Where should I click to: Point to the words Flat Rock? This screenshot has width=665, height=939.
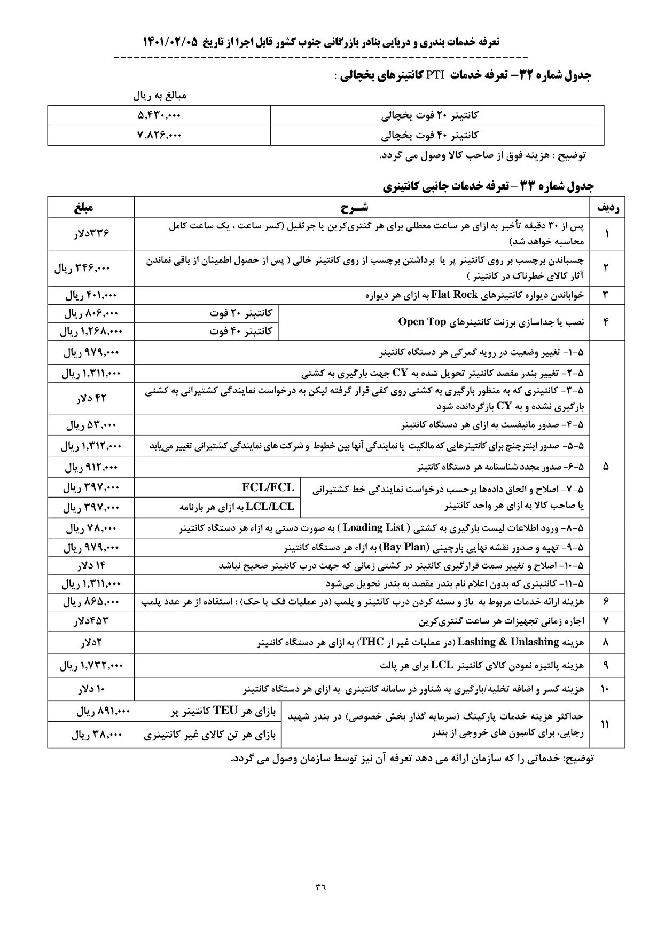pyautogui.click(x=453, y=295)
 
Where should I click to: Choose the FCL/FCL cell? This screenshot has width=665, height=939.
pyautogui.click(x=268, y=487)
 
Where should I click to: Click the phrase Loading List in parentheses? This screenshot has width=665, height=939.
pyautogui.click(x=373, y=528)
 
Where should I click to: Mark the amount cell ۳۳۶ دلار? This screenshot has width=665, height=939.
pyautogui.click(x=90, y=233)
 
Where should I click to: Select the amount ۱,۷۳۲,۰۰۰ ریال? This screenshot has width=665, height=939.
pyautogui.click(x=90, y=666)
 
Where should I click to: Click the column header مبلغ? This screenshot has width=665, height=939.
pyautogui.click(x=90, y=207)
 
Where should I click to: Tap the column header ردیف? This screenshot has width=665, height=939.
pyautogui.click(x=606, y=207)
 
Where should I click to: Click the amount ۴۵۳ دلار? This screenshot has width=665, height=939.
pyautogui.click(x=90, y=621)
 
